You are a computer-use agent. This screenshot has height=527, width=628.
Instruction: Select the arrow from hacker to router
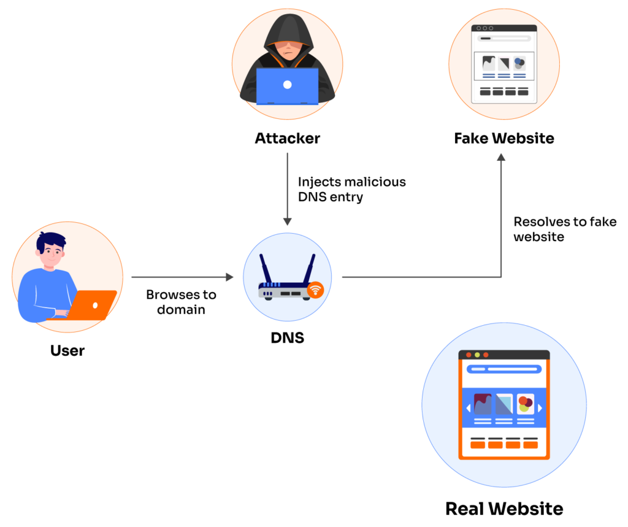pyautogui.click(x=287, y=187)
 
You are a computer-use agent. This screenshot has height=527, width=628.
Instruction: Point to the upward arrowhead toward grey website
pyautogui.click(x=501, y=158)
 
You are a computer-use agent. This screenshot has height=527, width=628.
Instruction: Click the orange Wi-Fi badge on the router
pyautogui.click(x=315, y=290)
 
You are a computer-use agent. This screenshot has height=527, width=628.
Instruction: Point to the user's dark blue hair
pyautogui.click(x=49, y=240)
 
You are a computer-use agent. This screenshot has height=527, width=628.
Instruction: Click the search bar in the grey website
pyautogui.click(x=504, y=39)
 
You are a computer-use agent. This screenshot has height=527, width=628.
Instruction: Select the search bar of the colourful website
pyautogui.click(x=504, y=369)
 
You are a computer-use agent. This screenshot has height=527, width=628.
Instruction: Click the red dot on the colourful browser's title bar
pyautogui.click(x=469, y=355)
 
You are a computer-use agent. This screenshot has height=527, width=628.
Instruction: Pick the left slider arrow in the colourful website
pyautogui.click(x=469, y=408)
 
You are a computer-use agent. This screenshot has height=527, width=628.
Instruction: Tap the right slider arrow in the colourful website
pyautogui.click(x=540, y=408)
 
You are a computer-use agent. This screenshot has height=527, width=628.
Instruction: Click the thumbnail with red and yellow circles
pyautogui.click(x=525, y=404)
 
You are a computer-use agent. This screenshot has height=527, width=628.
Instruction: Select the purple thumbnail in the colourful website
pyautogui.click(x=483, y=404)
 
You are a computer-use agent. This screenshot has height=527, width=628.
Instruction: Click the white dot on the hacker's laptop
pyautogui.click(x=287, y=85)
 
